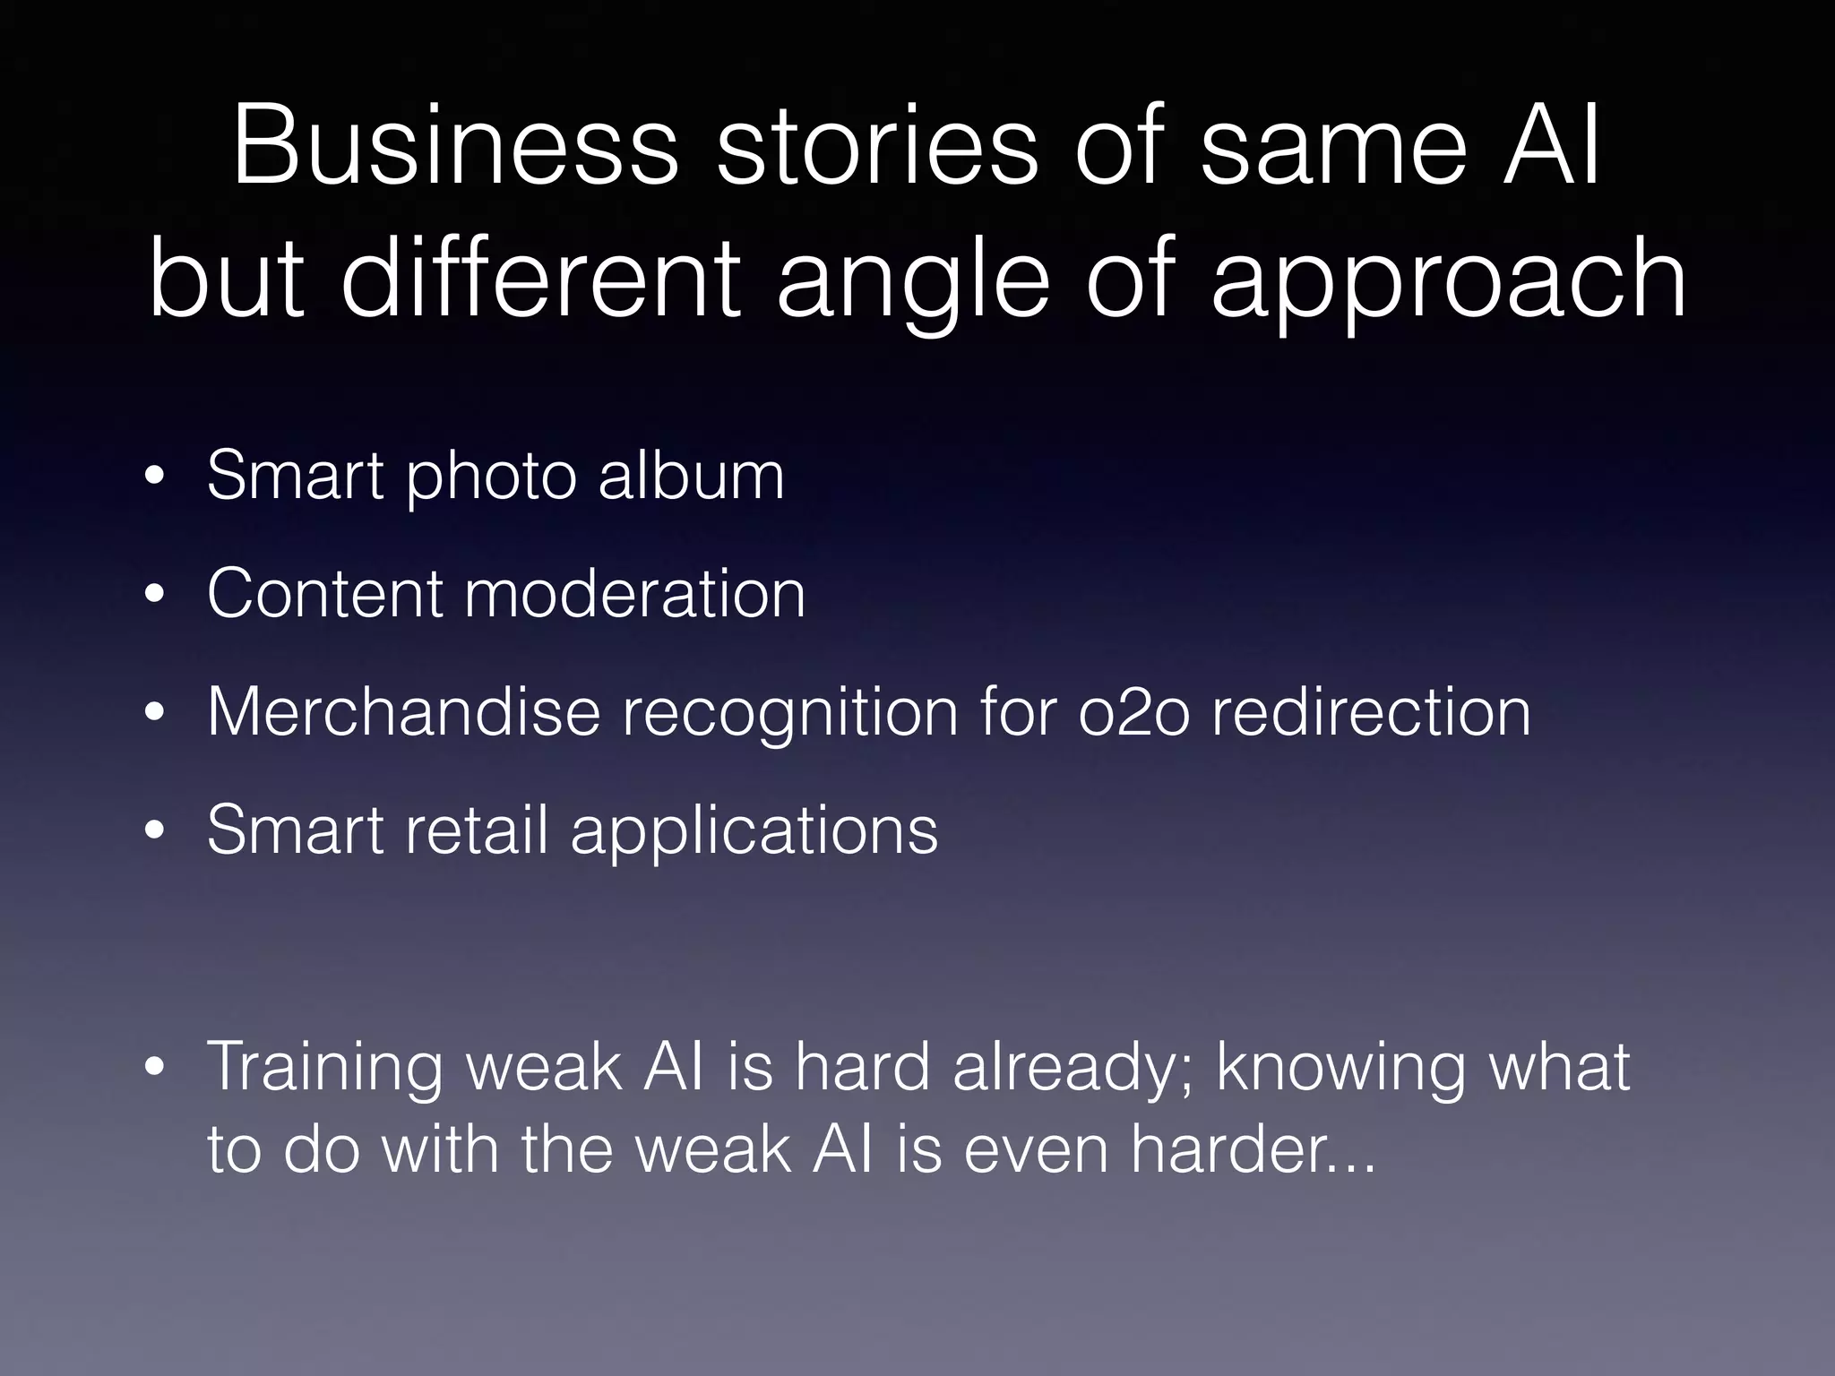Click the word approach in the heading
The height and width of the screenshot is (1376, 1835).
[1448, 282]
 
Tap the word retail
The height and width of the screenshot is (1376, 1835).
[477, 830]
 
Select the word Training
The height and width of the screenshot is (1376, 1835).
[324, 1068]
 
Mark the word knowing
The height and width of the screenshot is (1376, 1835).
[1340, 1068]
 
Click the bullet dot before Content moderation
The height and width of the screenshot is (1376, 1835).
[156, 596]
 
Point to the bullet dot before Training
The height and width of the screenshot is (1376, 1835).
[156, 1067]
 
